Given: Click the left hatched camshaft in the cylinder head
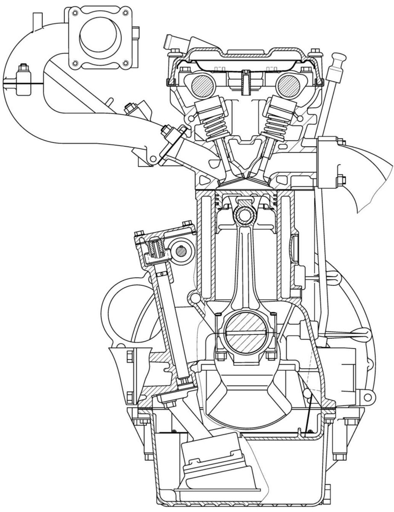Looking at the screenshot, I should (199, 85).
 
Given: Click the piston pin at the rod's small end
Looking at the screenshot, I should (245, 214).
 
